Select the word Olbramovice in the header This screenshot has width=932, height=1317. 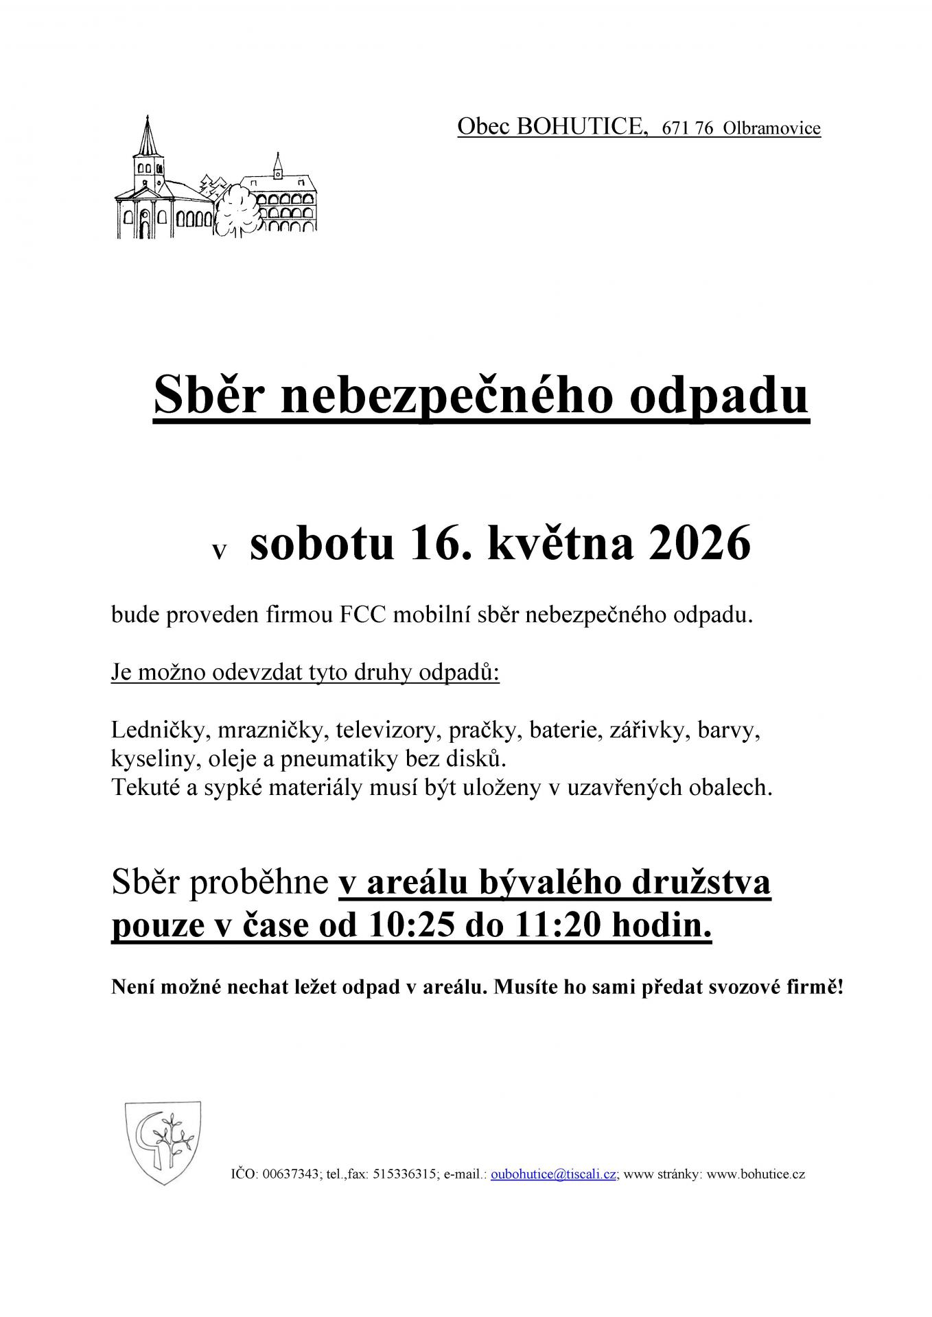point(772,129)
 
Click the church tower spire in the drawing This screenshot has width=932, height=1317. point(145,134)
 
